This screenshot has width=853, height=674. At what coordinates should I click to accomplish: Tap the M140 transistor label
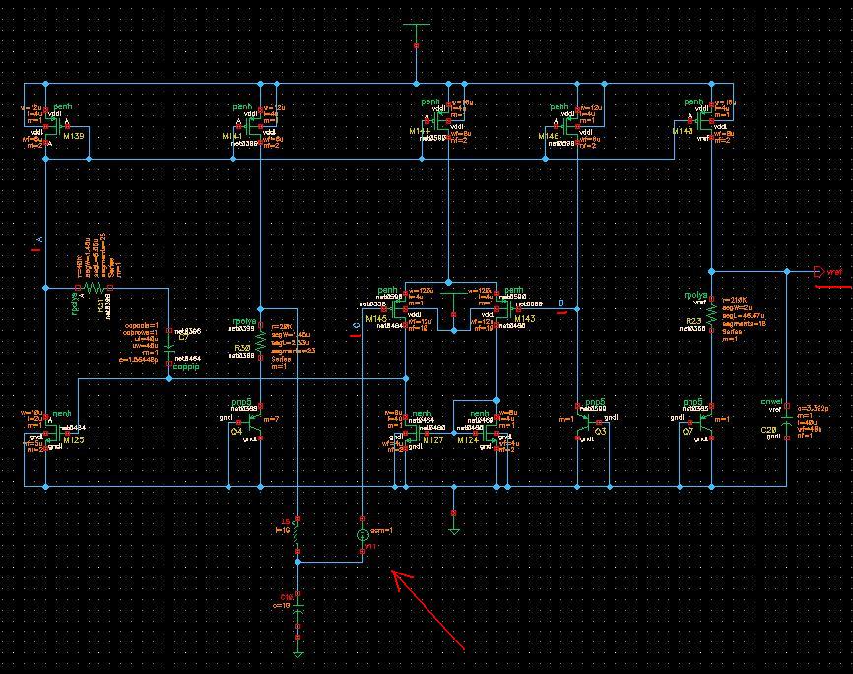point(684,131)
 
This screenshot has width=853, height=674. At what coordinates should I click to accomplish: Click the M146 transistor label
point(550,136)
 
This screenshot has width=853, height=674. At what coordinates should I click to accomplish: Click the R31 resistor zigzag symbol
point(93,288)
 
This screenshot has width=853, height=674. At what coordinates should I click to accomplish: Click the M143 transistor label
point(524,320)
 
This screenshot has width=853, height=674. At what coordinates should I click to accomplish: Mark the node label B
point(560,303)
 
